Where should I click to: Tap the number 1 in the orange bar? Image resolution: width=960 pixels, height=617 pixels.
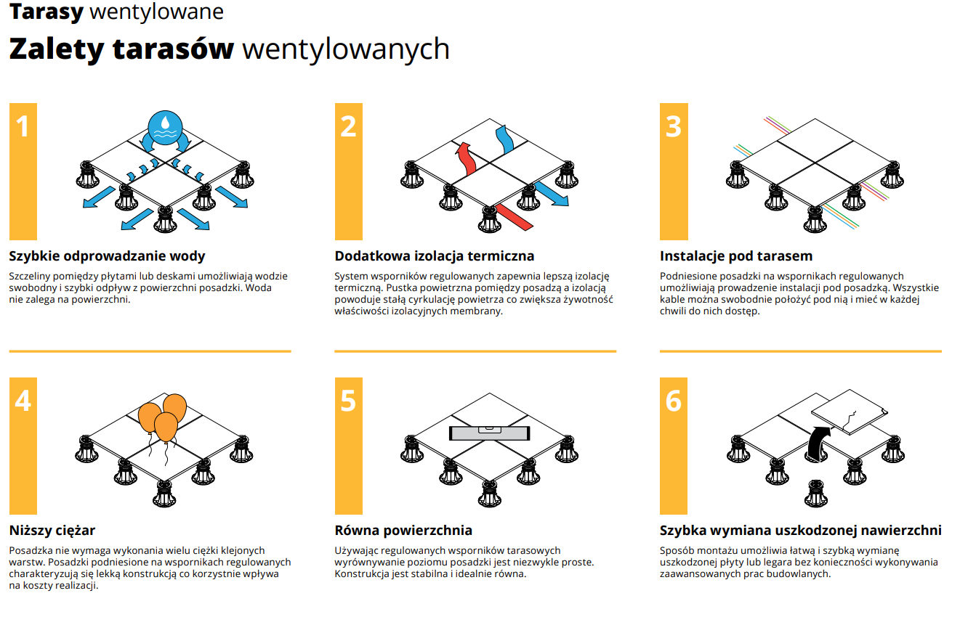tap(23, 127)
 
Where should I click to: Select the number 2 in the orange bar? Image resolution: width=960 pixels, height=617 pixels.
tap(348, 127)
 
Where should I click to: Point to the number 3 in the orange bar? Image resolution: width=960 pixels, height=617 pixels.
tap(674, 127)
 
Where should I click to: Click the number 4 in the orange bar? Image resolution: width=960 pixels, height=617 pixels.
tap(23, 401)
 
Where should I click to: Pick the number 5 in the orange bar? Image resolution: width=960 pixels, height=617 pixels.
tap(348, 401)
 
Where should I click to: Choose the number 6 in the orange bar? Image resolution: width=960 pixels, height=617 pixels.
tap(674, 401)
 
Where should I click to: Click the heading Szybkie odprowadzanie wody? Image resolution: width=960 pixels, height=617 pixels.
tap(107, 256)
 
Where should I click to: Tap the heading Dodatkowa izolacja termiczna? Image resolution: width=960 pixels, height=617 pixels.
tap(434, 256)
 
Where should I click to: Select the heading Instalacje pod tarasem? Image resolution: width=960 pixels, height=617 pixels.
tap(735, 256)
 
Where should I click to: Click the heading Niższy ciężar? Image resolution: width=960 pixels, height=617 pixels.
tap(52, 531)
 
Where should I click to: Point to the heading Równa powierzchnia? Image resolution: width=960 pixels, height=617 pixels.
tap(403, 531)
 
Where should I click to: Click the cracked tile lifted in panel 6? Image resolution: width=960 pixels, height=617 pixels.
tap(849, 412)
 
